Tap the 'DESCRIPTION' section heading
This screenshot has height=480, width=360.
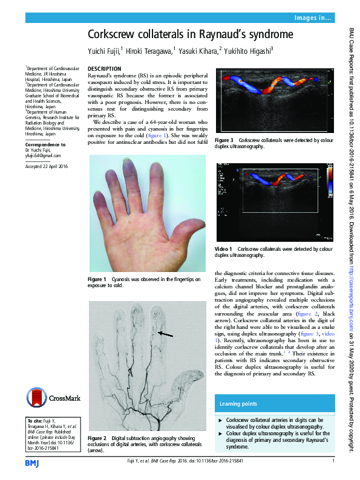pyautogui.click(x=105, y=69)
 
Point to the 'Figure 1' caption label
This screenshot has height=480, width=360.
pyautogui.click(x=97, y=279)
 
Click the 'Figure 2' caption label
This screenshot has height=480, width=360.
pyautogui.click(x=97, y=438)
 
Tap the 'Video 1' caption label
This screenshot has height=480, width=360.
pyautogui.click(x=224, y=248)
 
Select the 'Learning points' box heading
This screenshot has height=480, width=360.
pyautogui.click(x=237, y=403)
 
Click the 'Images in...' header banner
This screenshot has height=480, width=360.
pyautogui.click(x=312, y=19)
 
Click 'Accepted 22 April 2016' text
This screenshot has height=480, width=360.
pyautogui.click(x=46, y=166)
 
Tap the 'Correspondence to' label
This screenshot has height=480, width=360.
pyautogui.click(x=45, y=145)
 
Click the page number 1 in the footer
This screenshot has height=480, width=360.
pyautogui.click(x=333, y=462)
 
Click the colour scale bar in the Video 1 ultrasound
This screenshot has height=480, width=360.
pyautogui.click(x=329, y=181)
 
